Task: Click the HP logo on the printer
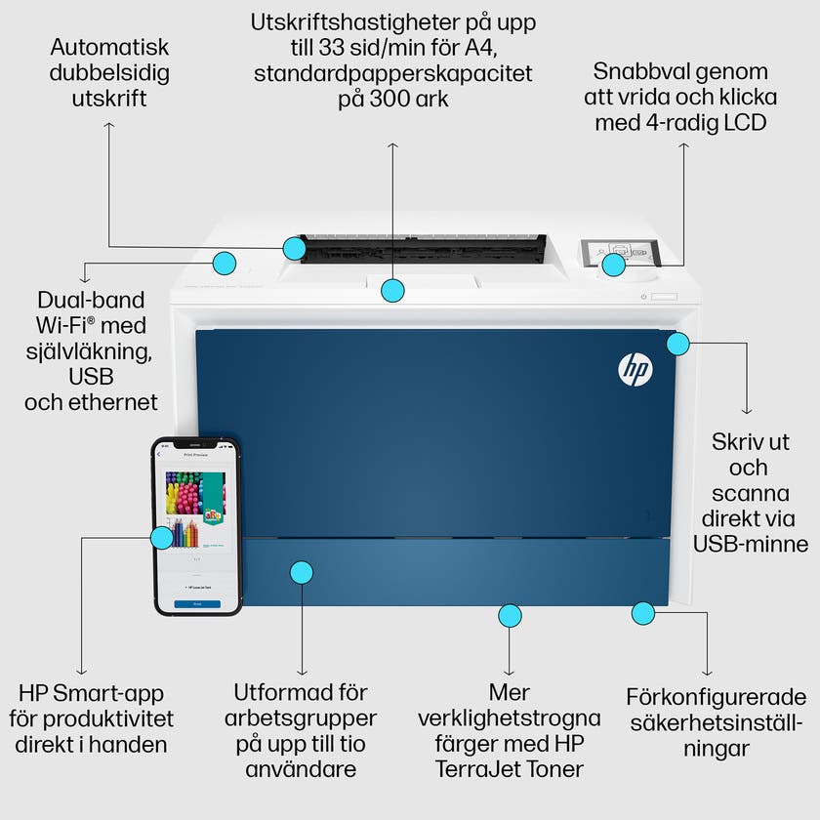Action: (635, 368)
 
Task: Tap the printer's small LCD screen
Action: (618, 253)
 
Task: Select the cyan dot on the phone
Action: (162, 537)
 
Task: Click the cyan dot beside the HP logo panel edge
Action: (677, 343)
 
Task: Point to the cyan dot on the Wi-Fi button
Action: (225, 262)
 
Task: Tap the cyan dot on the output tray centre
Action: (392, 289)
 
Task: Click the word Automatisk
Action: (110, 47)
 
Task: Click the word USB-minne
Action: (751, 544)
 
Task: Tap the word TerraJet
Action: (482, 769)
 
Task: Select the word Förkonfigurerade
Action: (717, 698)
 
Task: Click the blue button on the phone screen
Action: (196, 604)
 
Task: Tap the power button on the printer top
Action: (644, 297)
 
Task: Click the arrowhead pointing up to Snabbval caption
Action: (684, 144)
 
